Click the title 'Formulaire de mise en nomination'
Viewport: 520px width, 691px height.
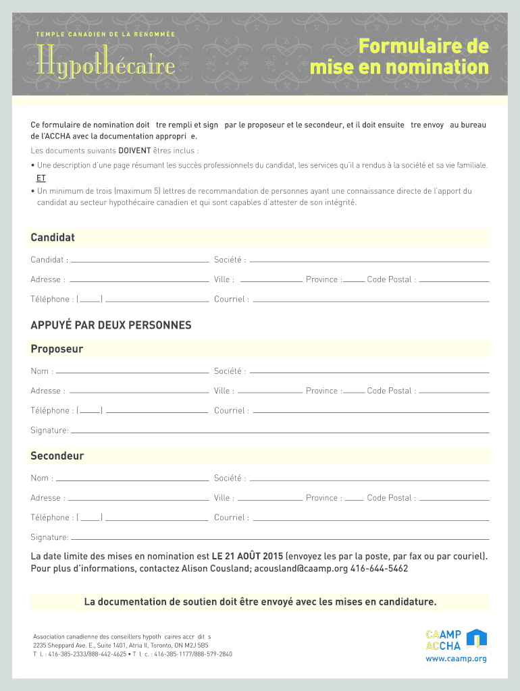[399, 57]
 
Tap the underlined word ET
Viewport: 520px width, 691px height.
[41, 178]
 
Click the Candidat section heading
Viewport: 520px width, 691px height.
[53, 238]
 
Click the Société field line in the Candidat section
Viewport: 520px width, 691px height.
[369, 260]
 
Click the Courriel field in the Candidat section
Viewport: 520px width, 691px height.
[370, 300]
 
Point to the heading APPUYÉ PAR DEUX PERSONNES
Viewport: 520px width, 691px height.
[111, 325]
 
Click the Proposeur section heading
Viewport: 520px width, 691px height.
[57, 349]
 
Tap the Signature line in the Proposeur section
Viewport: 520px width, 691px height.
[280, 431]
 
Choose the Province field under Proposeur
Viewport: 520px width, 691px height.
[354, 391]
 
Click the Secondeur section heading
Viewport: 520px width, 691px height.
[57, 456]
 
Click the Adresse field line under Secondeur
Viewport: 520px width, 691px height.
[139, 499]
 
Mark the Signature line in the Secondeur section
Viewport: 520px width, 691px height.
[280, 538]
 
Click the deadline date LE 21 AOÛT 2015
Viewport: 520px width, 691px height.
[247, 557]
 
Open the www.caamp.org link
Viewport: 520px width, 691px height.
[456, 659]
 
